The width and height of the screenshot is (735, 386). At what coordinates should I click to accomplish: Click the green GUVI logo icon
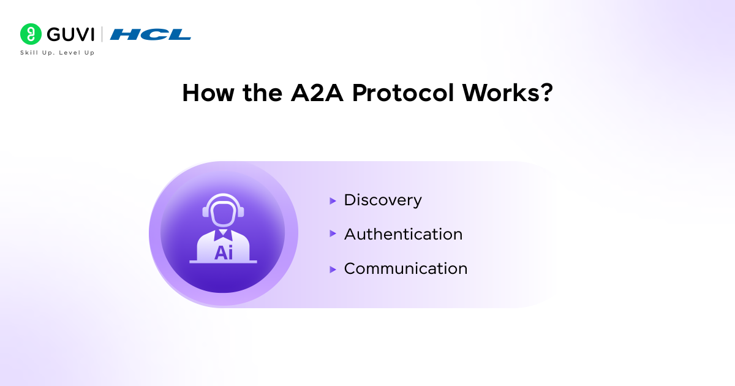(30, 34)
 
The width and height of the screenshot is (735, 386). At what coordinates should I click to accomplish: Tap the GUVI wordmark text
(69, 34)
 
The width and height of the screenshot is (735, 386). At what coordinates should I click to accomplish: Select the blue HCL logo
(151, 34)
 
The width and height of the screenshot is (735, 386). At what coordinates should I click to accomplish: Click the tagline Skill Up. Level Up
(58, 53)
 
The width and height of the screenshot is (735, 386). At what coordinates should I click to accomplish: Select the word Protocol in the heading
(402, 93)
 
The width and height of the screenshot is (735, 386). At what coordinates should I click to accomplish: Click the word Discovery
(383, 200)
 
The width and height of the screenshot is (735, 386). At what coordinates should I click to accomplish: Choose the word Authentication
(403, 234)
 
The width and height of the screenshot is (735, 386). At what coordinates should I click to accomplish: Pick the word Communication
(405, 268)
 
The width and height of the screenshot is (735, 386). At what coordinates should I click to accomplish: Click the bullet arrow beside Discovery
(333, 200)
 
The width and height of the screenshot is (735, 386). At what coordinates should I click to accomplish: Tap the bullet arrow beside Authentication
(333, 234)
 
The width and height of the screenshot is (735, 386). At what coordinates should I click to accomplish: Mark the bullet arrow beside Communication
(333, 269)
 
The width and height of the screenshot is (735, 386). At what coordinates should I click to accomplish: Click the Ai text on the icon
(224, 252)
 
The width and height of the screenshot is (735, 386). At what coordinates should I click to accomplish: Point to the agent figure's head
(224, 212)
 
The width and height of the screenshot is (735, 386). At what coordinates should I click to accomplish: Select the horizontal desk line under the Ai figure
(224, 262)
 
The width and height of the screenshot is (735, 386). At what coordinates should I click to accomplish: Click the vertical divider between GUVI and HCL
(102, 34)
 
